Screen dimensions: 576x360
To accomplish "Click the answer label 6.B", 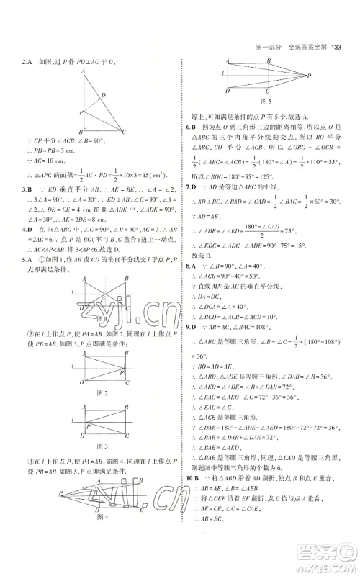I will click(x=190, y=125).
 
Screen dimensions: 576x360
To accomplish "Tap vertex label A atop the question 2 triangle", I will click(x=85, y=71).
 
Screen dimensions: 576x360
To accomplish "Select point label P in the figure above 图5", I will click(x=308, y=75).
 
